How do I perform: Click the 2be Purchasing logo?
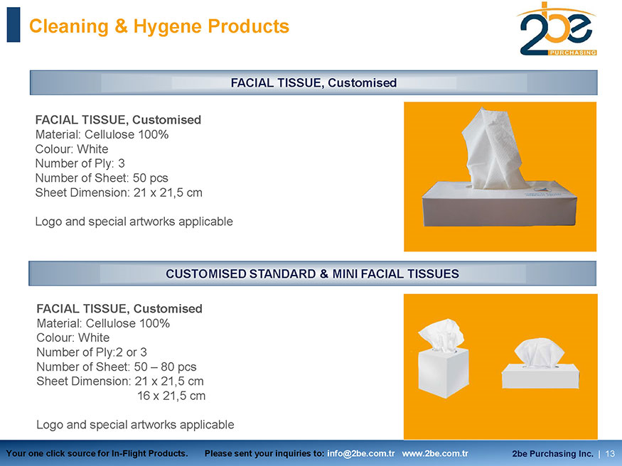(557, 29)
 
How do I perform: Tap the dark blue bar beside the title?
(14, 25)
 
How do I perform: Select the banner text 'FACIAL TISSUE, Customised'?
(313, 82)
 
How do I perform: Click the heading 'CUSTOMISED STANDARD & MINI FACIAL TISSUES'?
(312, 273)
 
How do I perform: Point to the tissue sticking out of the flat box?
(494, 149)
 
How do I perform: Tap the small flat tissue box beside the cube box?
(540, 376)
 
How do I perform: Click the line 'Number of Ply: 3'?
(80, 163)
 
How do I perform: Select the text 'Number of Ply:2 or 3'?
(92, 352)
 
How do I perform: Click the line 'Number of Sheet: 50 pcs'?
(102, 178)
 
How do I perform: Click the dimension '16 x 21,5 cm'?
(171, 396)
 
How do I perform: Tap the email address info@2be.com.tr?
(361, 453)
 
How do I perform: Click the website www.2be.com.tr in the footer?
(435, 453)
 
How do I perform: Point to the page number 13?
(610, 453)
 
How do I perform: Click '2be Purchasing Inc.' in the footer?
(552, 453)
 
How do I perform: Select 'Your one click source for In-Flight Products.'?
(97, 453)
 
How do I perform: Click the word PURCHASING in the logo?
(572, 53)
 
